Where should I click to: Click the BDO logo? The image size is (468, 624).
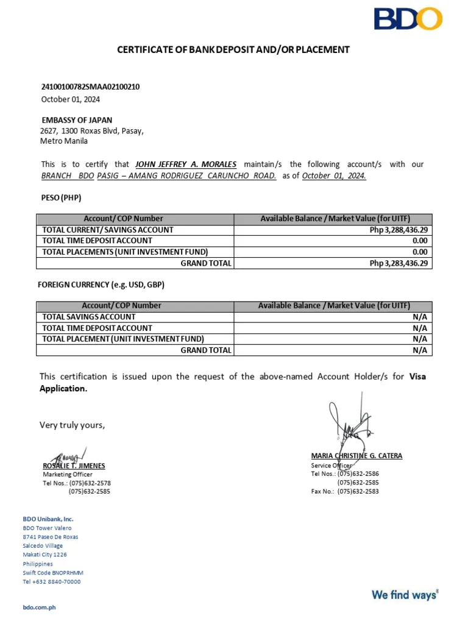tap(408, 19)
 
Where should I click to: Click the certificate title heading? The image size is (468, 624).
tap(233, 49)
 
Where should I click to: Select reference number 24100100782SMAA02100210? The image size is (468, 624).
tap(90, 87)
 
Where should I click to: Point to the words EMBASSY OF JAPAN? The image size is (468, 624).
tap(77, 120)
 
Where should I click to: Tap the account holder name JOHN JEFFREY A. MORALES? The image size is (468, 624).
tap(185, 165)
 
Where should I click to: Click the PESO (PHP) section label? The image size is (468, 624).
tap(61, 197)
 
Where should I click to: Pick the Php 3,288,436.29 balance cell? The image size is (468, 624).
tap(399, 230)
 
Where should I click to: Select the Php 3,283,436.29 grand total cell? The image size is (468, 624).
tap(399, 263)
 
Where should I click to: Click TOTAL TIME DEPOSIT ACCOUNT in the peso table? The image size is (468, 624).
tap(97, 241)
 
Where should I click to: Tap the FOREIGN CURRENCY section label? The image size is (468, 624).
tap(101, 285)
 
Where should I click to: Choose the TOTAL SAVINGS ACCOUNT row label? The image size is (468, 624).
tap(89, 317)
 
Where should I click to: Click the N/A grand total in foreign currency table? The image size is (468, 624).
tap(420, 350)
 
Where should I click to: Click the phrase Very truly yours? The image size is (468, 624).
tap(73, 425)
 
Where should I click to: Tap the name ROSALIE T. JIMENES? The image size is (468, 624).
tap(74, 466)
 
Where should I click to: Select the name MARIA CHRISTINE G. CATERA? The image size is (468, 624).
tap(356, 456)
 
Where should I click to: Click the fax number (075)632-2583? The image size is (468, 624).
tap(358, 491)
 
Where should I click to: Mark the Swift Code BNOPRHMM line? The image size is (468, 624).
tap(53, 573)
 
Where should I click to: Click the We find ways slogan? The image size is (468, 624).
tap(405, 594)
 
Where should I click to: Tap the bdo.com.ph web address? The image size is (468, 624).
tap(39, 608)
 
